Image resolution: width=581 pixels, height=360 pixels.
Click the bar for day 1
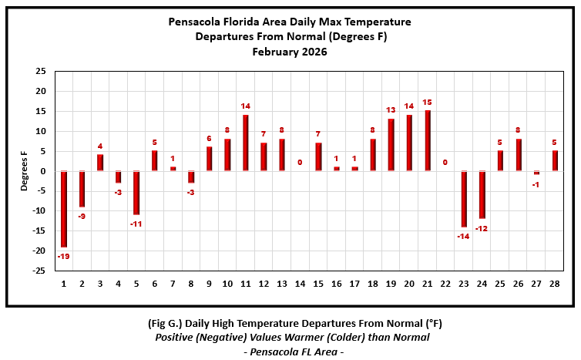[x=64, y=209]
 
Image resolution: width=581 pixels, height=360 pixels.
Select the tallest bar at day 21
[x=428, y=140]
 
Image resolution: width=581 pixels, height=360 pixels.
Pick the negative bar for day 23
[x=465, y=199]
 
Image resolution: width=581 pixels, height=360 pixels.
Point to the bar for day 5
[x=136, y=193]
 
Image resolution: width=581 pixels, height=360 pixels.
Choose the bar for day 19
[x=391, y=145]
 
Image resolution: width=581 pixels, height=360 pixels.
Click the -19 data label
[x=64, y=256]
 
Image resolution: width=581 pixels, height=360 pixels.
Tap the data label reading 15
[x=428, y=103]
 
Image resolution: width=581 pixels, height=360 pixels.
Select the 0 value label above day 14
[x=301, y=163]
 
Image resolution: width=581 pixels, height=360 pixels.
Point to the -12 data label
[x=482, y=228]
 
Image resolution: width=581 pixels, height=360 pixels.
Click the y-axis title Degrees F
[x=24, y=172]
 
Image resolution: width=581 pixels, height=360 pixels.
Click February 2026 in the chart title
[x=290, y=52]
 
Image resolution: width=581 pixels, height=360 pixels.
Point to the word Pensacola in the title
[x=195, y=22]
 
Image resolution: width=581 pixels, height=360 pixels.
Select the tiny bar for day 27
[x=537, y=173]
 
